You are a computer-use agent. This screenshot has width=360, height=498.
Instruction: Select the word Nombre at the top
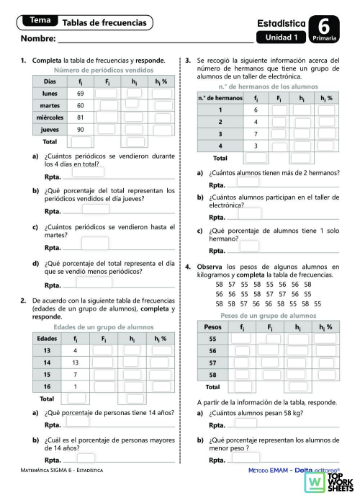tap(39, 37)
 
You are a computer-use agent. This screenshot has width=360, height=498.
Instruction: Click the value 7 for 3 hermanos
tap(256, 134)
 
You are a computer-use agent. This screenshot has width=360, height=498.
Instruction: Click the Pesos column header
tap(213, 327)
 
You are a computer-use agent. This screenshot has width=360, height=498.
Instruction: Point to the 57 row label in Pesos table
tap(212, 363)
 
